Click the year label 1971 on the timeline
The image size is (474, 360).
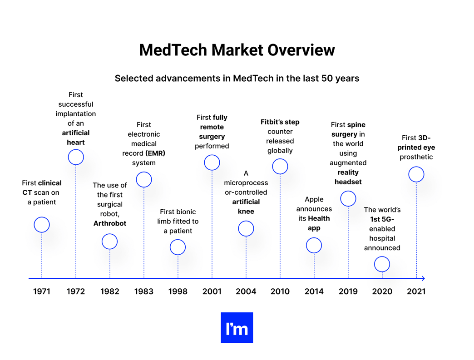pos(41,291)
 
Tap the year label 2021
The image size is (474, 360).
pos(416,291)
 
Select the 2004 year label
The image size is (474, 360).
pos(246,291)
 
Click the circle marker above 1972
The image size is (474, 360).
pos(76,157)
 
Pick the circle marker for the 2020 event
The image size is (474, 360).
pos(382,264)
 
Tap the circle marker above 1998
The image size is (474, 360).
pos(178,247)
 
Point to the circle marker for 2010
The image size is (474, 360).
pos(280,167)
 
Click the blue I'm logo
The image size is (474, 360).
pos(237,328)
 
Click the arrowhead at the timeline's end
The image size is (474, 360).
pos(423,278)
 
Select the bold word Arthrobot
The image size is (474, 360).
pos(110,223)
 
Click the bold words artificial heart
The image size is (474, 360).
pos(76,138)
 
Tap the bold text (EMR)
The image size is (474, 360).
pos(155,153)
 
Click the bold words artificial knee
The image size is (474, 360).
pos(246,207)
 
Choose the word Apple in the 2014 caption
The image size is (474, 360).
pos(314,199)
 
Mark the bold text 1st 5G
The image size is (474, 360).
pos(380,219)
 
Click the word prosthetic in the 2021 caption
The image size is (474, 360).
pos(416,157)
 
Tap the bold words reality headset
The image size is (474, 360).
pos(348,177)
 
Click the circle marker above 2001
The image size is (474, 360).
pos(212,163)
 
